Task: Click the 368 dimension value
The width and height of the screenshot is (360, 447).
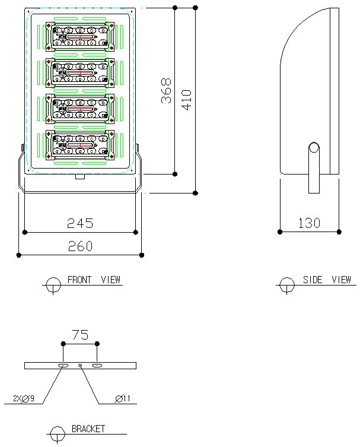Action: (167, 91)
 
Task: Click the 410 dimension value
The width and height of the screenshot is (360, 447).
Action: (186, 100)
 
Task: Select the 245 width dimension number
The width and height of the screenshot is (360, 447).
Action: (79, 223)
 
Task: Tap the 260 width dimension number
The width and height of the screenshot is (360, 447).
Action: (79, 246)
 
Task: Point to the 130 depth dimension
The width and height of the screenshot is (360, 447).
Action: (309, 223)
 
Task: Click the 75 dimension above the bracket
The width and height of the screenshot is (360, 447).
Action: (80, 334)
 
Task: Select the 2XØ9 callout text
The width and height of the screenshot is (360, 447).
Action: (23, 399)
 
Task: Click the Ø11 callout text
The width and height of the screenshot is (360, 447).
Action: (123, 399)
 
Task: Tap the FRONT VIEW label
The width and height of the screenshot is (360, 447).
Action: (94, 280)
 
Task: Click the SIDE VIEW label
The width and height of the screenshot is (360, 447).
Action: (327, 280)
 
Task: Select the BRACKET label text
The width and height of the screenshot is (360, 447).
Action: (88, 429)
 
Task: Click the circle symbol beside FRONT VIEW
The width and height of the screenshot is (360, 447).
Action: (53, 284)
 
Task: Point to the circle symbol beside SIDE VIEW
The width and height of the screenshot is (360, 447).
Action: (287, 284)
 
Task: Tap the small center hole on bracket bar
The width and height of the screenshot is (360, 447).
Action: (80, 365)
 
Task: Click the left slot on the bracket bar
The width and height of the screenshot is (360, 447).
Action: (63, 365)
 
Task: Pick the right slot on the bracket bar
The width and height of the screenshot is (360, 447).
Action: (97, 365)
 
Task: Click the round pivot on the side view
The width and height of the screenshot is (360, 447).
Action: (314, 147)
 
